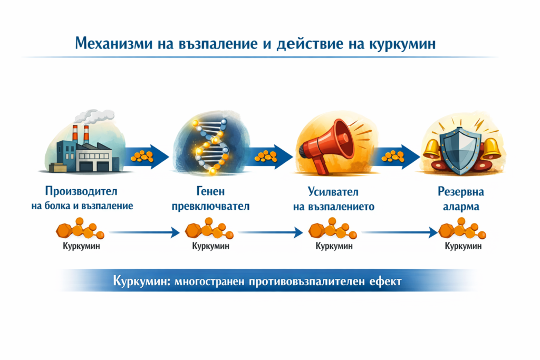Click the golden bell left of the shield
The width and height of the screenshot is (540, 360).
coord(431,147)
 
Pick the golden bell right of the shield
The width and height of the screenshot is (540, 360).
coord(490,148)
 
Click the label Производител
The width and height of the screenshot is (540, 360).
coord(81,191)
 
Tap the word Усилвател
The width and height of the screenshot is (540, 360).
coord(333,191)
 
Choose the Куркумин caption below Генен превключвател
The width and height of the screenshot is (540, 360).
coord(210,246)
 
